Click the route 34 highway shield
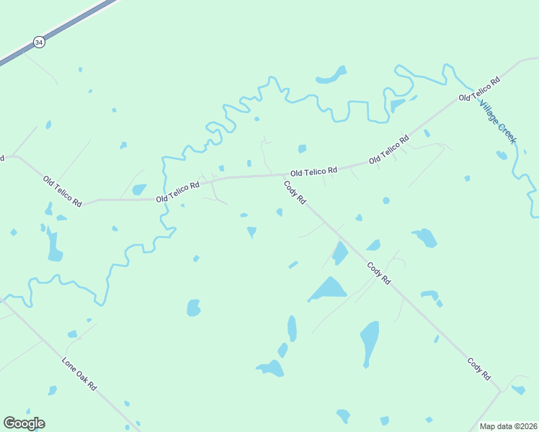[x=39, y=43]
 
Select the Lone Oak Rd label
[x=79, y=374]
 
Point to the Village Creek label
[x=498, y=120]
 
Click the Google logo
[x=24, y=423]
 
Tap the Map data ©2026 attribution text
[x=508, y=426]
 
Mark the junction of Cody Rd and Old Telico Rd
[x=282, y=174]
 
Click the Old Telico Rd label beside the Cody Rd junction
[x=313, y=172]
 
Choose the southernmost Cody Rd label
[x=478, y=369]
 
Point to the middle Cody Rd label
[x=378, y=274]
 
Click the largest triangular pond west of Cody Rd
[x=329, y=289]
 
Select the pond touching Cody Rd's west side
[x=339, y=253]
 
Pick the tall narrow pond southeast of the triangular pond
[x=370, y=341]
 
